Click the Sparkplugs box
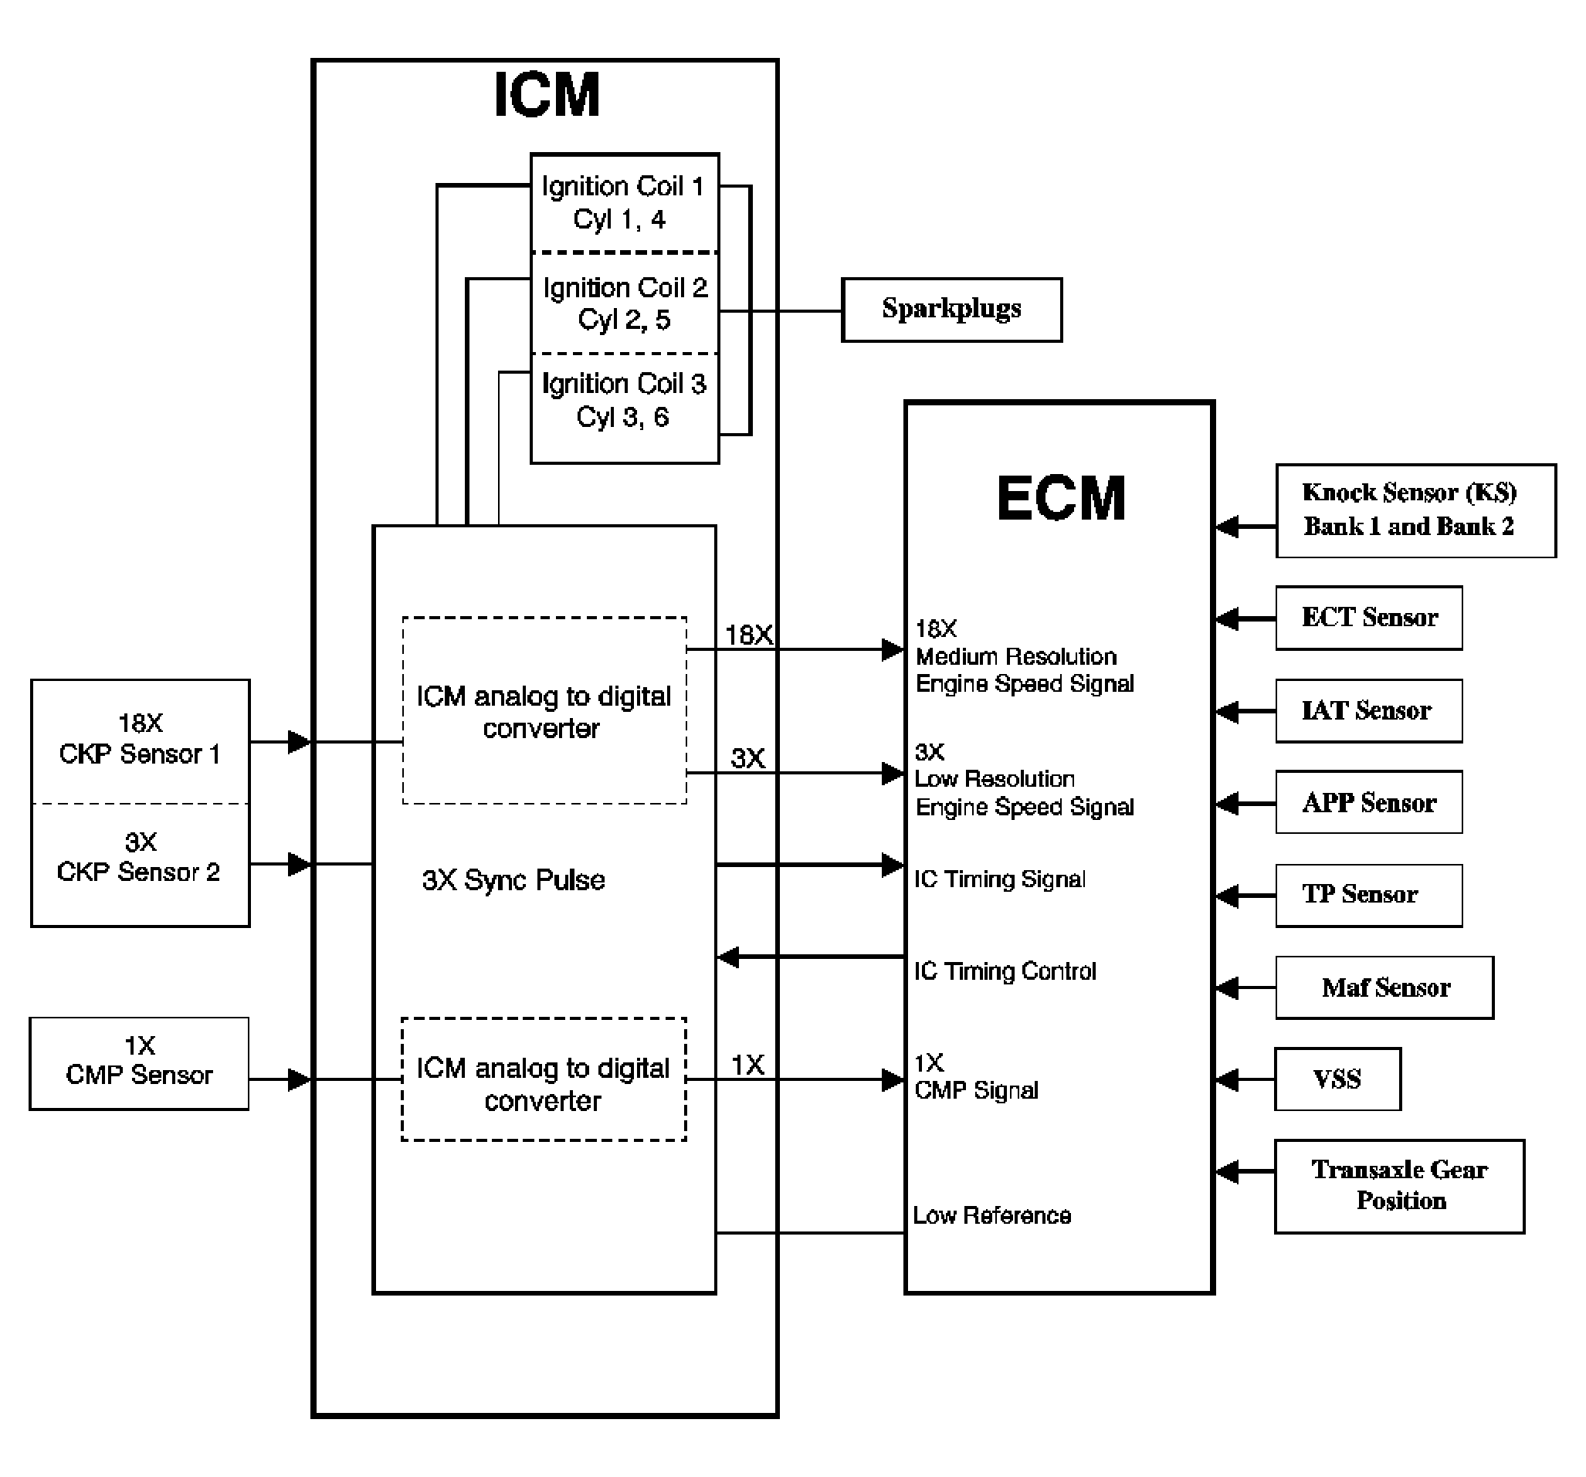point(951,310)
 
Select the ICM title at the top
point(547,95)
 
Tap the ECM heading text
point(1060,499)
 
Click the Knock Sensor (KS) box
point(1415,510)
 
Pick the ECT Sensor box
point(1368,618)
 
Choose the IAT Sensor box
point(1368,710)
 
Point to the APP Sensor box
point(1368,802)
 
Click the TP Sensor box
point(1368,895)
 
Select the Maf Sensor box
point(1384,987)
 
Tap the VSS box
point(1337,1079)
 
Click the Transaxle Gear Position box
point(1399,1186)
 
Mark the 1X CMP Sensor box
point(139,1062)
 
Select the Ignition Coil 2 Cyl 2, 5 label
point(625,304)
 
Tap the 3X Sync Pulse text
point(513,880)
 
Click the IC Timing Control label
point(1005,971)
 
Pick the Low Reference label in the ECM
point(991,1215)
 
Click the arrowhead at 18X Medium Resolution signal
point(893,650)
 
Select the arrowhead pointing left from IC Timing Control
point(728,957)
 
